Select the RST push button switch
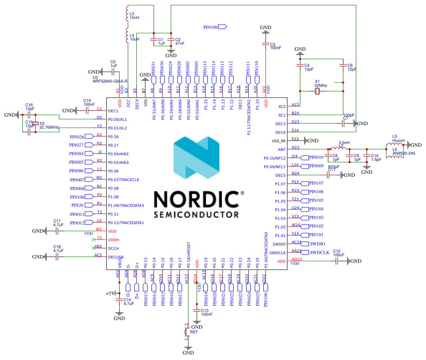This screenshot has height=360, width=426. pyautogui.click(x=187, y=332)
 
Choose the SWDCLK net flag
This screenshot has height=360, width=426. pyautogui.click(x=319, y=252)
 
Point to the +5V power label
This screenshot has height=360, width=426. pyautogui.click(x=110, y=293)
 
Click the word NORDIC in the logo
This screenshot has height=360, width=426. pyautogui.click(x=196, y=200)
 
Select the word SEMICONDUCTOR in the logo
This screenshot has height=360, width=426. pyautogui.click(x=196, y=214)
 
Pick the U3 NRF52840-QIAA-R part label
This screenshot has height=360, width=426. pyautogui.click(x=110, y=80)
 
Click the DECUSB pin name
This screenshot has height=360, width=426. pyautogui.click(x=116, y=257)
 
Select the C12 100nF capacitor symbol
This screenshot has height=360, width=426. pyautogui.click(x=337, y=262)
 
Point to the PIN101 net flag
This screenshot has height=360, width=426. pyautogui.click(x=316, y=235)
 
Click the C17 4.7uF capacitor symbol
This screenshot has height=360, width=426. pyautogui.click(x=57, y=231)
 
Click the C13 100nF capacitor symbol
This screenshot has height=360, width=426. pyautogui.click(x=197, y=310)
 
